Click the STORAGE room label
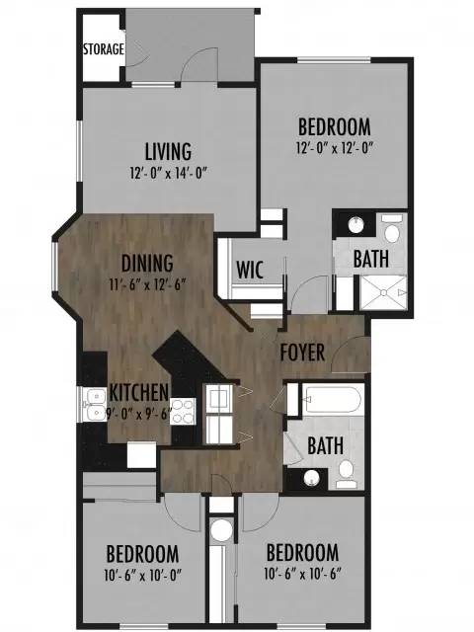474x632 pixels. pyautogui.click(x=103, y=49)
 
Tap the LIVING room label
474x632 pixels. pyautogui.click(x=168, y=151)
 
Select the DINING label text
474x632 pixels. pyautogui.click(x=147, y=264)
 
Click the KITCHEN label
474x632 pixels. pyautogui.click(x=138, y=392)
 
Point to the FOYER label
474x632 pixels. pyautogui.click(x=302, y=353)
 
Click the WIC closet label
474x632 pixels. pyautogui.click(x=250, y=270)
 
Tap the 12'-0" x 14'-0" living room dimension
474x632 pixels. pyautogui.click(x=168, y=174)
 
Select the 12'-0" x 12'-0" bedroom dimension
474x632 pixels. pyautogui.click(x=334, y=148)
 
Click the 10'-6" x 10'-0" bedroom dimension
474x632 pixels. pyautogui.click(x=142, y=575)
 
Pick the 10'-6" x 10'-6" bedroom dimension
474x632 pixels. pyautogui.click(x=302, y=574)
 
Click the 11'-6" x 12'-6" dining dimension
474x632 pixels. pyautogui.click(x=147, y=285)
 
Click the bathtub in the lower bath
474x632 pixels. pyautogui.click(x=332, y=400)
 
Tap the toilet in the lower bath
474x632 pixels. pyautogui.click(x=346, y=474)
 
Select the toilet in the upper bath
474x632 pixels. pyautogui.click(x=391, y=229)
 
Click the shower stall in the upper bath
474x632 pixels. pyautogui.click(x=383, y=292)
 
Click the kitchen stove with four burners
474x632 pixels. pyautogui.click(x=183, y=411)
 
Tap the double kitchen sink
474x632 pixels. pyautogui.click(x=95, y=404)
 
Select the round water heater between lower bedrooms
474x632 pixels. pyautogui.click(x=221, y=529)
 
